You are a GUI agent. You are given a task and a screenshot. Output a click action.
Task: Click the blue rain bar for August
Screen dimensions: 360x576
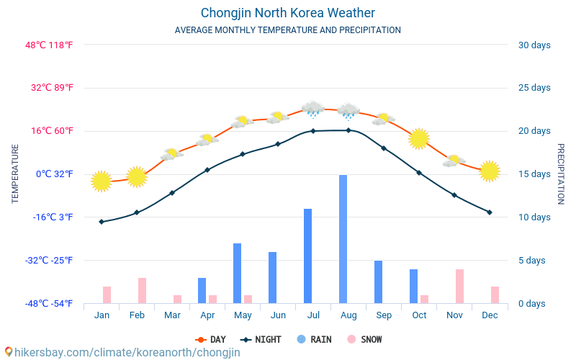coord(343,239)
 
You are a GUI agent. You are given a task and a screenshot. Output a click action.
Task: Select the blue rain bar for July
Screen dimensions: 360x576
coord(307,256)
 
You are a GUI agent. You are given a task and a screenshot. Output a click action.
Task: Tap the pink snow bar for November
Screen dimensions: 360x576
coord(459,286)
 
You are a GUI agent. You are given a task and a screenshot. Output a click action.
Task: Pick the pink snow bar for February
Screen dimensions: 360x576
coord(143,290)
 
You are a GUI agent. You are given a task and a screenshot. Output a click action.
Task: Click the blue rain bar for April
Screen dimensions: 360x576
coord(202,290)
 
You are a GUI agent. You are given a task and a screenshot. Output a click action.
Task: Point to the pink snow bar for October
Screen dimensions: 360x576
coord(425,299)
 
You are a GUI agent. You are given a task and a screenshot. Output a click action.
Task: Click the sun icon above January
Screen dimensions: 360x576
coord(102,181)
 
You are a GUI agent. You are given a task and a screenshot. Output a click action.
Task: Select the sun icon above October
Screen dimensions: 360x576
coord(419,138)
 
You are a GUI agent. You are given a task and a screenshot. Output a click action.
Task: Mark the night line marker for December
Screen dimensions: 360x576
coord(490,212)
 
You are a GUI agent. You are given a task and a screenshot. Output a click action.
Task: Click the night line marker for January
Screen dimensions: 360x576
coord(102,222)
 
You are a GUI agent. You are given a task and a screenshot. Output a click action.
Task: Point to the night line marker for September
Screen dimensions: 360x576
coord(384,148)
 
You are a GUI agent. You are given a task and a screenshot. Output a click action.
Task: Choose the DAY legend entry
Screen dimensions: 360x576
coord(211,339)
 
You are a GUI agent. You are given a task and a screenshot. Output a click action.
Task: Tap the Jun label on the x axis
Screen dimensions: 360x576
coord(278,315)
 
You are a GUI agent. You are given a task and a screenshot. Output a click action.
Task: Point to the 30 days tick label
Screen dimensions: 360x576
coord(534,45)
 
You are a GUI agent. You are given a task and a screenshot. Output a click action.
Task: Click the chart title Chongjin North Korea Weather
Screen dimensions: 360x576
coord(288,13)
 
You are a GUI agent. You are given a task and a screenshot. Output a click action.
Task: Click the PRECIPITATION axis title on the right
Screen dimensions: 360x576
coord(561,174)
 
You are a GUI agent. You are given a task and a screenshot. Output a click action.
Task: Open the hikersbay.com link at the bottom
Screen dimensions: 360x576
coord(122,352)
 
